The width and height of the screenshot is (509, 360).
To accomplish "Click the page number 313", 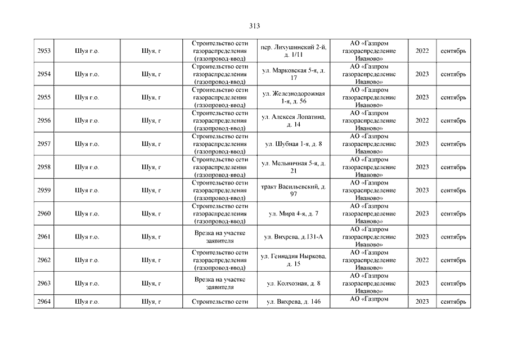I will (254, 25).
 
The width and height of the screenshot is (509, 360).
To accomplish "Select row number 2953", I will (44, 51).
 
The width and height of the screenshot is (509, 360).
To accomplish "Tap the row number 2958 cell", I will (44, 167).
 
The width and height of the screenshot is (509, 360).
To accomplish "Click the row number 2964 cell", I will (44, 301).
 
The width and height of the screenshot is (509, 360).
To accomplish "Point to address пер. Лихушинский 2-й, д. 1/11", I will (294, 51).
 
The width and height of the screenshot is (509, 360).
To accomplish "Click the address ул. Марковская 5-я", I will (294, 74).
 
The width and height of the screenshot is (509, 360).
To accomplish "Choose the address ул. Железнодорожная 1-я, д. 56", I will (294, 97).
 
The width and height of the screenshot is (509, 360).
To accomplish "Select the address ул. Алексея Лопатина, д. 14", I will (294, 120).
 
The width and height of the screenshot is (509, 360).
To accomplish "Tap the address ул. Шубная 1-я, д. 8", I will (294, 144).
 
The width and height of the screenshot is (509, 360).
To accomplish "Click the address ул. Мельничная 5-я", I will (294, 167).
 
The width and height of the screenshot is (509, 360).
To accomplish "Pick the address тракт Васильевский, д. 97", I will (294, 190).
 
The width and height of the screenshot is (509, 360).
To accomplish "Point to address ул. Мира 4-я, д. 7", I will (294, 214).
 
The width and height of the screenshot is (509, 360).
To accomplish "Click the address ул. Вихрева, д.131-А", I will (294, 237).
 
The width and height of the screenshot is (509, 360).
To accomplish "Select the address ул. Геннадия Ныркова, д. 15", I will (294, 260).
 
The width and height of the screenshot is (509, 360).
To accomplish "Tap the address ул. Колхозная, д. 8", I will (294, 283).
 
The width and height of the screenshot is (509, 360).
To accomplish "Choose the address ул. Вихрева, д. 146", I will (294, 301).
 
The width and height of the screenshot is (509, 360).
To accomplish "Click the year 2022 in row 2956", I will (422, 120).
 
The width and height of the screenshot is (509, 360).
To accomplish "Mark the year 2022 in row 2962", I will (422, 260).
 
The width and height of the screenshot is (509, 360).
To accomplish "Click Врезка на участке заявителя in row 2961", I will (219, 237).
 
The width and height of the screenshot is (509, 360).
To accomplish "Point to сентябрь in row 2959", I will (453, 190).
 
